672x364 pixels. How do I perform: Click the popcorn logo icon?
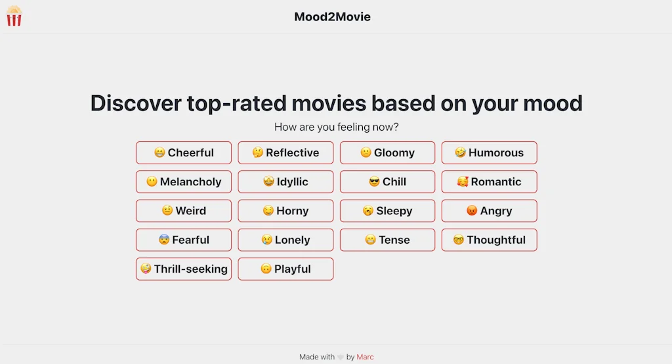(14, 16)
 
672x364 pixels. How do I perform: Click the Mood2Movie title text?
(332, 17)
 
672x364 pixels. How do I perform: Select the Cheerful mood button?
(184, 152)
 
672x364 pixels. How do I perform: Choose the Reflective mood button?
(285, 152)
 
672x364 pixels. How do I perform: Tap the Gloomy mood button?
(387, 152)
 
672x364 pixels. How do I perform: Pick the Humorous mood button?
(489, 152)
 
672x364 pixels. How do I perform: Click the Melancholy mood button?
(184, 181)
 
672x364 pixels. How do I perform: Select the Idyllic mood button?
(285, 181)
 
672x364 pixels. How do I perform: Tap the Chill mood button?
(387, 181)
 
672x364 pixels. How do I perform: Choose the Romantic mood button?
(489, 181)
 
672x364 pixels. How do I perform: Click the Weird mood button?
(184, 211)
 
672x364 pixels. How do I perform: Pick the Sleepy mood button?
(387, 211)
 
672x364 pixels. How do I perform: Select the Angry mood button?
(489, 211)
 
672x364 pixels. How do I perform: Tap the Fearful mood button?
(184, 240)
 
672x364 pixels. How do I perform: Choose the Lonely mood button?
(285, 240)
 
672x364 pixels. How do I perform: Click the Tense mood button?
(387, 240)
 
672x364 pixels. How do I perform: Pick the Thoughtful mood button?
(489, 240)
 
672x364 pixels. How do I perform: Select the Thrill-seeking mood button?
(184, 269)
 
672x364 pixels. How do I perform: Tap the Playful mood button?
(285, 269)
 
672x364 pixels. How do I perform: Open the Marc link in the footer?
(365, 357)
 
